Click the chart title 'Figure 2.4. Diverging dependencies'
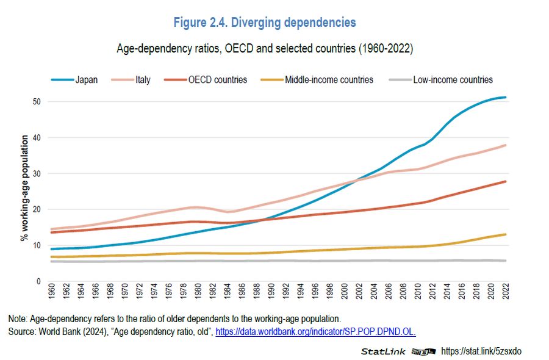[265, 23]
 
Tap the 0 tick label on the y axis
[38, 281]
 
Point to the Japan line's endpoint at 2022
[506, 98]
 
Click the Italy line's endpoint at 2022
[506, 145]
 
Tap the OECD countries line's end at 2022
[506, 181]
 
